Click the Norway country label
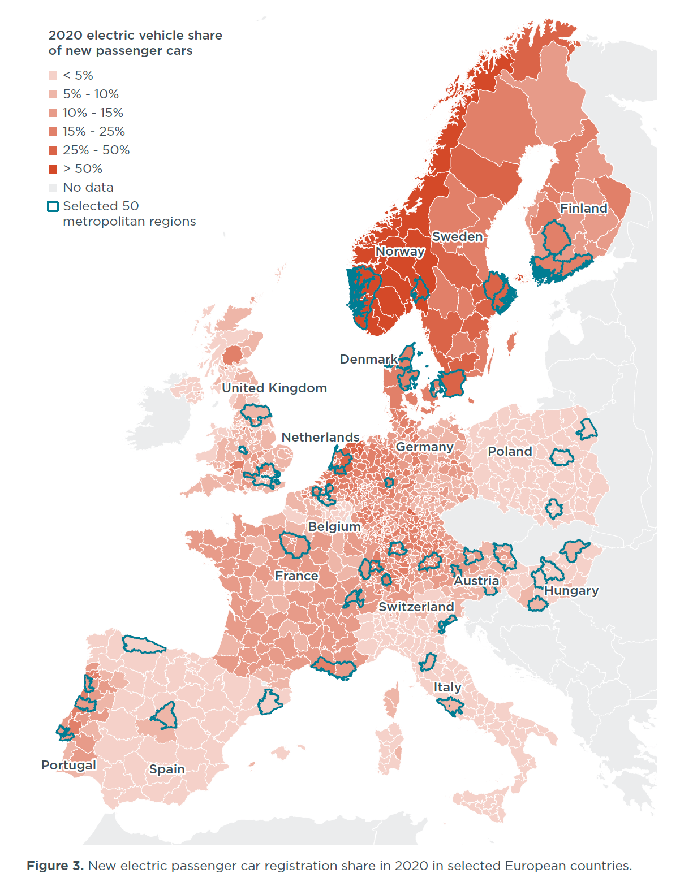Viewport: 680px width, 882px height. coord(400,251)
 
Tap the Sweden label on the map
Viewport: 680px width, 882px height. coord(457,236)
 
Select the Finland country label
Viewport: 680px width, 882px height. coord(583,208)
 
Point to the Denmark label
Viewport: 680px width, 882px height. coord(368,359)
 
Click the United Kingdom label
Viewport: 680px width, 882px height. coord(274,388)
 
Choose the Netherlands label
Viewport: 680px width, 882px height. coord(320,437)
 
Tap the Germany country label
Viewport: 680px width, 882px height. coord(424,447)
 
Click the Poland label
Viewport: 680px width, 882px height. coord(510,451)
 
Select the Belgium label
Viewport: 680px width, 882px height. coord(334,526)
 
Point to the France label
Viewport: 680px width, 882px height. coord(296,576)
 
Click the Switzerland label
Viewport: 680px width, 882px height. coord(416,607)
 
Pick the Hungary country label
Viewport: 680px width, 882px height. coord(571,590)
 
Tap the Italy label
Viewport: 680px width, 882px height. coord(447,687)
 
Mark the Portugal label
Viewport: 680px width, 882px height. coord(68,765)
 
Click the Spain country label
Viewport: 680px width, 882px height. coord(167,769)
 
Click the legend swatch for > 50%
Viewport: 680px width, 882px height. coord(53,169)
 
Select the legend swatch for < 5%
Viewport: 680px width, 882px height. coord(53,76)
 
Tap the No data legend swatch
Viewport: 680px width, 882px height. coord(53,188)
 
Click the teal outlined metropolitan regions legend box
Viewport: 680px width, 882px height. coord(53,206)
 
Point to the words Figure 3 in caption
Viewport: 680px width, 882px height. coord(55,866)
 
